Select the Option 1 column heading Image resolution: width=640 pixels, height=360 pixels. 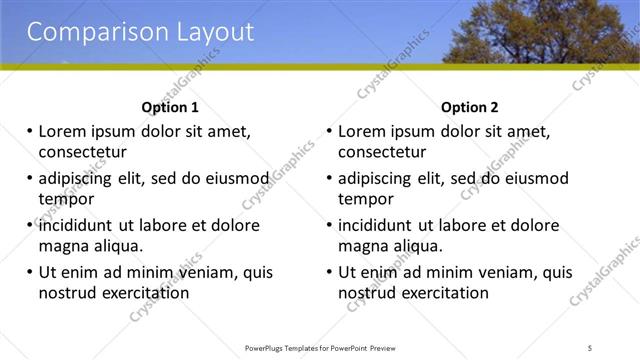170,107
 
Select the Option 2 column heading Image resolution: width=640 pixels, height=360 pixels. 469,107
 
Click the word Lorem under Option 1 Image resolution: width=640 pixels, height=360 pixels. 63,131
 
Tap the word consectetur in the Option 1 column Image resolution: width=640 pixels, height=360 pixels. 82,152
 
